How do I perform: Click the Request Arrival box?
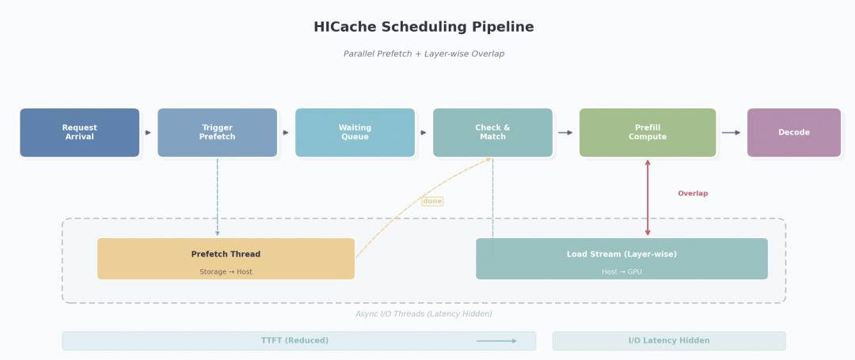pyautogui.click(x=79, y=133)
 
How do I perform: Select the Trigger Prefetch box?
pyautogui.click(x=217, y=133)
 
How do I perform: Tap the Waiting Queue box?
pyautogui.click(x=355, y=133)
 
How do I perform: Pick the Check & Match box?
pyautogui.click(x=492, y=133)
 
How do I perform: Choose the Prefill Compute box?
pyautogui.click(x=648, y=133)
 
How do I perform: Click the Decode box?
pyautogui.click(x=793, y=133)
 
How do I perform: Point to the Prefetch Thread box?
pyautogui.click(x=226, y=259)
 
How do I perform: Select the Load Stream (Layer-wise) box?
pyautogui.click(x=621, y=259)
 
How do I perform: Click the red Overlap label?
pyautogui.click(x=693, y=194)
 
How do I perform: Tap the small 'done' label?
pyautogui.click(x=432, y=202)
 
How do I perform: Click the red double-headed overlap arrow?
pyautogui.click(x=648, y=198)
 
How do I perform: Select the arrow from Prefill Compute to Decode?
pyautogui.click(x=731, y=133)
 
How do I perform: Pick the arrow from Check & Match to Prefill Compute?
pyautogui.click(x=565, y=133)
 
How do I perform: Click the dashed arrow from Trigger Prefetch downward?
pyautogui.click(x=218, y=198)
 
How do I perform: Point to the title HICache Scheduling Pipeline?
pyautogui.click(x=424, y=28)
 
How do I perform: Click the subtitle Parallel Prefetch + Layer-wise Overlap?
pyautogui.click(x=424, y=55)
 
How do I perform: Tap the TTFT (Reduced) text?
pyautogui.click(x=294, y=341)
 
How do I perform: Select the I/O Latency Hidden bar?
pyautogui.click(x=669, y=341)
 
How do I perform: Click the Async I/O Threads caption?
pyautogui.click(x=424, y=314)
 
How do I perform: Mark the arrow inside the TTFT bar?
pyautogui.click(x=496, y=341)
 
